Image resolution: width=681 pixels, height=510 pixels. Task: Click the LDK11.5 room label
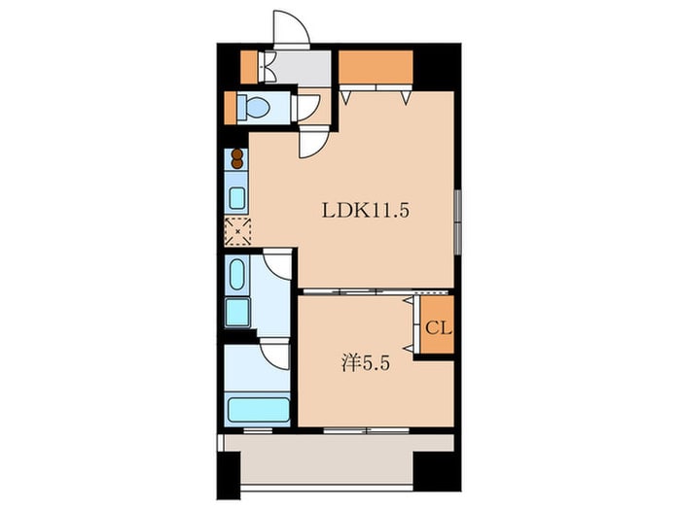coord(365,211)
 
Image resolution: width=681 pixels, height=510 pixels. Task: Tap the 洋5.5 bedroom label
coord(365,363)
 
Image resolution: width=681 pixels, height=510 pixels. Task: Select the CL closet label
coord(438,328)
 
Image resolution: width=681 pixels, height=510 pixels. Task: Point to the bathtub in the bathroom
coord(259,409)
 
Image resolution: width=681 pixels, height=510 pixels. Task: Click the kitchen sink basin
coord(237,198)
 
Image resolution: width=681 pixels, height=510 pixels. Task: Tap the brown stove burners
coord(237,158)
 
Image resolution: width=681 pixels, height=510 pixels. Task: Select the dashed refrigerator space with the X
coord(237,231)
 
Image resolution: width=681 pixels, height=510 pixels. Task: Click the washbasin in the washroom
coord(236,274)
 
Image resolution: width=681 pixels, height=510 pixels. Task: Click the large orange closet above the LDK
coord(376,66)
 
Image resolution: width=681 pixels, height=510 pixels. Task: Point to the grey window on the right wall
coord(457,221)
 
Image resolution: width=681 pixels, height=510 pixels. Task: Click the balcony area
coord(326,462)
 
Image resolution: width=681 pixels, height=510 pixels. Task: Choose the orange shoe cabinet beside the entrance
coord(249,67)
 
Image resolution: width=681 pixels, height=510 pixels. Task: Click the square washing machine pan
coord(237,312)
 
